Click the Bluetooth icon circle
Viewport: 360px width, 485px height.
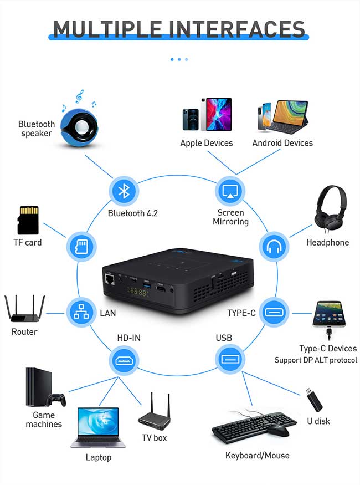124,191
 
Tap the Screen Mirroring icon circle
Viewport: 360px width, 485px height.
230,191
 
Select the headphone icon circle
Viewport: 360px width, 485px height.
274,247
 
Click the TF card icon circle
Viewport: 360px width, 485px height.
81,247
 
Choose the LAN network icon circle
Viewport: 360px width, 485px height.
81,312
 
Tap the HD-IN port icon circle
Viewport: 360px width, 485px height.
124,360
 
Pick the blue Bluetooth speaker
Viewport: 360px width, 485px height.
79,127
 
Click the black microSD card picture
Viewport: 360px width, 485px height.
28,220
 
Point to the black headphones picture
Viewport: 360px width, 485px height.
330,209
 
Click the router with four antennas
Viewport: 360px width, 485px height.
24,309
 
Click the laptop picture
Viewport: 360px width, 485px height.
98,427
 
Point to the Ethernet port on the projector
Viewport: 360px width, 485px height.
110,279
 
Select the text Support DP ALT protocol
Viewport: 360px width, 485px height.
316,360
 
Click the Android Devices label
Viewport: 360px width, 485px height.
282,143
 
